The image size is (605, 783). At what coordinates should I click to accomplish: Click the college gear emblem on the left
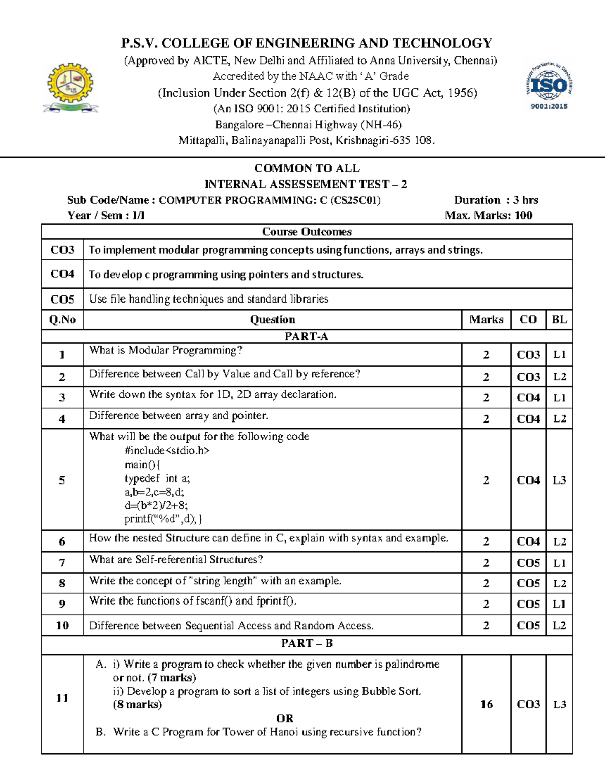(70, 87)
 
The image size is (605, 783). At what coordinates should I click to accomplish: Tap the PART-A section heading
(307, 337)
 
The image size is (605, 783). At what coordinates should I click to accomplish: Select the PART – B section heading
(307, 643)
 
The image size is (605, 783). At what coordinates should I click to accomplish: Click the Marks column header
(486, 320)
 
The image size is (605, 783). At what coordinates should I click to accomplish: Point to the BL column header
(559, 320)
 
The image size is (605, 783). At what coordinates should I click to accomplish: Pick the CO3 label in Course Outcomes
(63, 250)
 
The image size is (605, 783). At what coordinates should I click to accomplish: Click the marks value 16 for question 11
(486, 704)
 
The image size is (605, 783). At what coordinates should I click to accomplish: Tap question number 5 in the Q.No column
(62, 480)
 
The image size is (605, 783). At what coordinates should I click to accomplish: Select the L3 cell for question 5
(559, 480)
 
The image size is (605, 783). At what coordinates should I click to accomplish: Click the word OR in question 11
(285, 718)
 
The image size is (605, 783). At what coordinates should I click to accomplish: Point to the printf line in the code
(163, 519)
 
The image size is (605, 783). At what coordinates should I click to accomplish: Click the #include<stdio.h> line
(166, 450)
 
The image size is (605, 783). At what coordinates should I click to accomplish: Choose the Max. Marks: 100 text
(488, 216)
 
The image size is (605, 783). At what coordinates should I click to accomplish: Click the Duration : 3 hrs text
(496, 200)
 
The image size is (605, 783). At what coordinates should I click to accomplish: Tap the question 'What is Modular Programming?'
(166, 350)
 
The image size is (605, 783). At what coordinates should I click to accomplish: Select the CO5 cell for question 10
(528, 626)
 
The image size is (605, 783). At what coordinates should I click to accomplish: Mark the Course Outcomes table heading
(307, 232)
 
